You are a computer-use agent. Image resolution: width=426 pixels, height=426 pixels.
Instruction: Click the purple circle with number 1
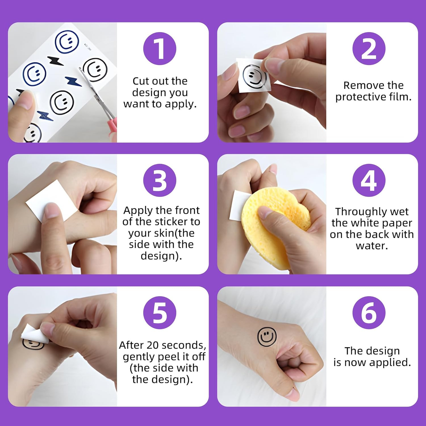click(x=160, y=49)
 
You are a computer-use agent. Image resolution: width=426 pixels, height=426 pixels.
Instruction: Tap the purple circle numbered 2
click(x=369, y=49)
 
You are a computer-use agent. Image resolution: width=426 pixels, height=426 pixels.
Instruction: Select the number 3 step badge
click(x=160, y=180)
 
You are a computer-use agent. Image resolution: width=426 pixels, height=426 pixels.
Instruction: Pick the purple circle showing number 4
click(x=369, y=180)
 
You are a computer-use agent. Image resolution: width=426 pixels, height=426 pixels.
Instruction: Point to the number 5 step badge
click(x=160, y=313)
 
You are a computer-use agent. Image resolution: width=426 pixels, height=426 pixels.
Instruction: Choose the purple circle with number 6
click(x=369, y=313)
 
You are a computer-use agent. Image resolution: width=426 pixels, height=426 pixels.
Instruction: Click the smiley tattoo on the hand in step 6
click(x=267, y=337)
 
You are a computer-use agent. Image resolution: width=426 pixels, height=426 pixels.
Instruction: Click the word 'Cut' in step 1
click(x=140, y=81)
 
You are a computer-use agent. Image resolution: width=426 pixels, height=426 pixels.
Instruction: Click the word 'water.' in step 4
click(x=372, y=246)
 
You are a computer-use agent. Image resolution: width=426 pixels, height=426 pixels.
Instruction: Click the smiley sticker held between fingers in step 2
click(x=254, y=75)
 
